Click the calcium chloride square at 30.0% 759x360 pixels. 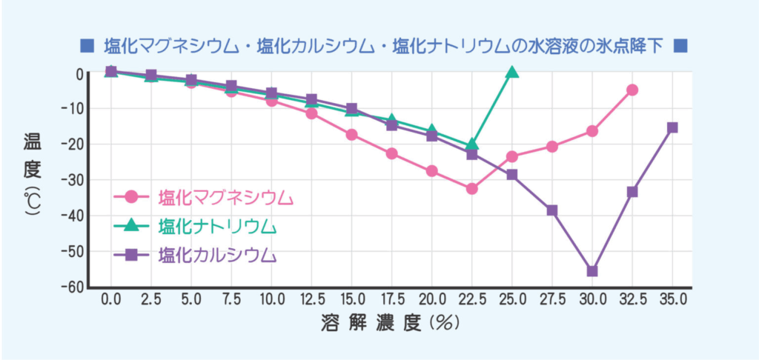592,271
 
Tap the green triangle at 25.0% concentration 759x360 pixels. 512,72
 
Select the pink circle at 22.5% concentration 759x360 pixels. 472,189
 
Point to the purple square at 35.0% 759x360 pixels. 672,127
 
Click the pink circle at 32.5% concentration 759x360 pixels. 632,90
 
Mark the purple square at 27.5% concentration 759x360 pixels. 552,210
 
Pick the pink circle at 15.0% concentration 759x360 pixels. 351,134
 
